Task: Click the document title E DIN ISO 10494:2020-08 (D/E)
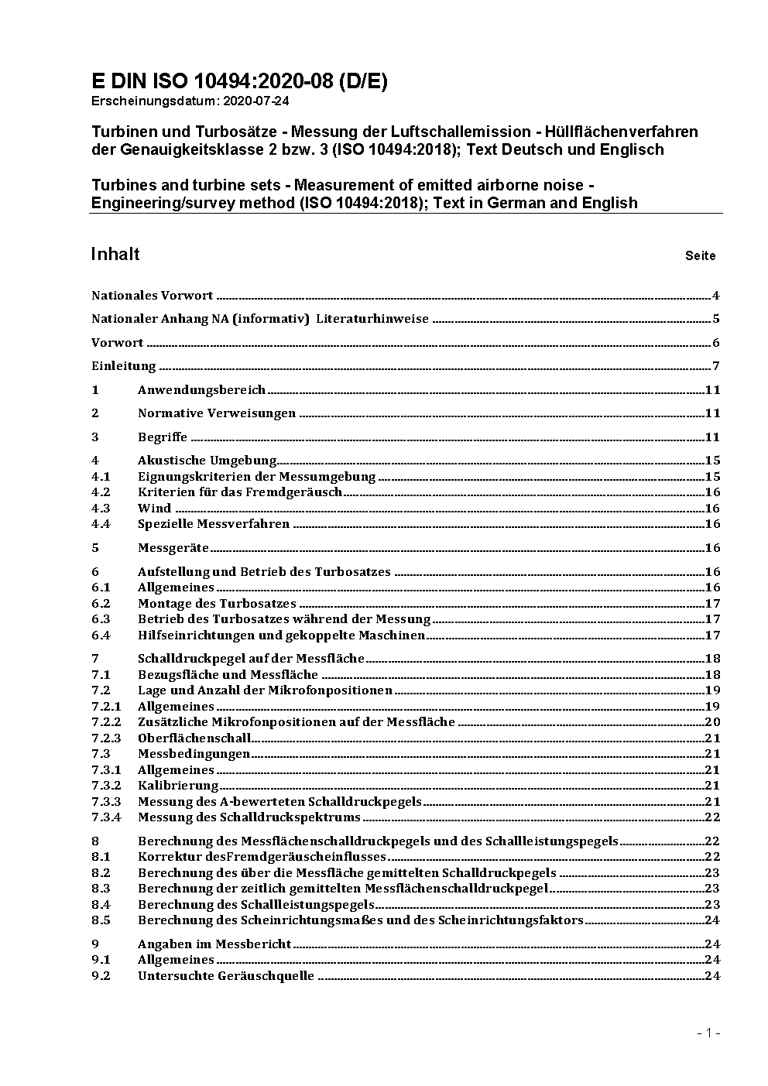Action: (x=239, y=81)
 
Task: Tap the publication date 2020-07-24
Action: (x=256, y=101)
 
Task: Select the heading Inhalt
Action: (x=115, y=255)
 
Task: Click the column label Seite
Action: (x=700, y=255)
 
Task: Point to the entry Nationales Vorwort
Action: (x=152, y=295)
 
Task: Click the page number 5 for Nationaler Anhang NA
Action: (x=716, y=319)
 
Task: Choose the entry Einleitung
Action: (x=124, y=366)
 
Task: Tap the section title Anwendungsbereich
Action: (x=201, y=390)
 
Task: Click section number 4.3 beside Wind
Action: (x=101, y=508)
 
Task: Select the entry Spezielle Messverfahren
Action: (x=214, y=524)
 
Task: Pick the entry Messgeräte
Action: (x=173, y=548)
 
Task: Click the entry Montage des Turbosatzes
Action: (x=217, y=603)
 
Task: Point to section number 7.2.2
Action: (x=106, y=722)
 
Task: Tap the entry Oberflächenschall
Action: (x=194, y=738)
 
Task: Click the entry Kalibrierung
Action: (x=178, y=786)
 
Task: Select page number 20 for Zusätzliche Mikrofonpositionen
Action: (x=712, y=722)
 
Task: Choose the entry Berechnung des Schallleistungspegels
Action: (x=256, y=904)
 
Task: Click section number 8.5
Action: (x=101, y=920)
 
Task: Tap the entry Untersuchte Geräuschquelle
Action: (x=226, y=975)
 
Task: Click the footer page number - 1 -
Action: (x=708, y=1033)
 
